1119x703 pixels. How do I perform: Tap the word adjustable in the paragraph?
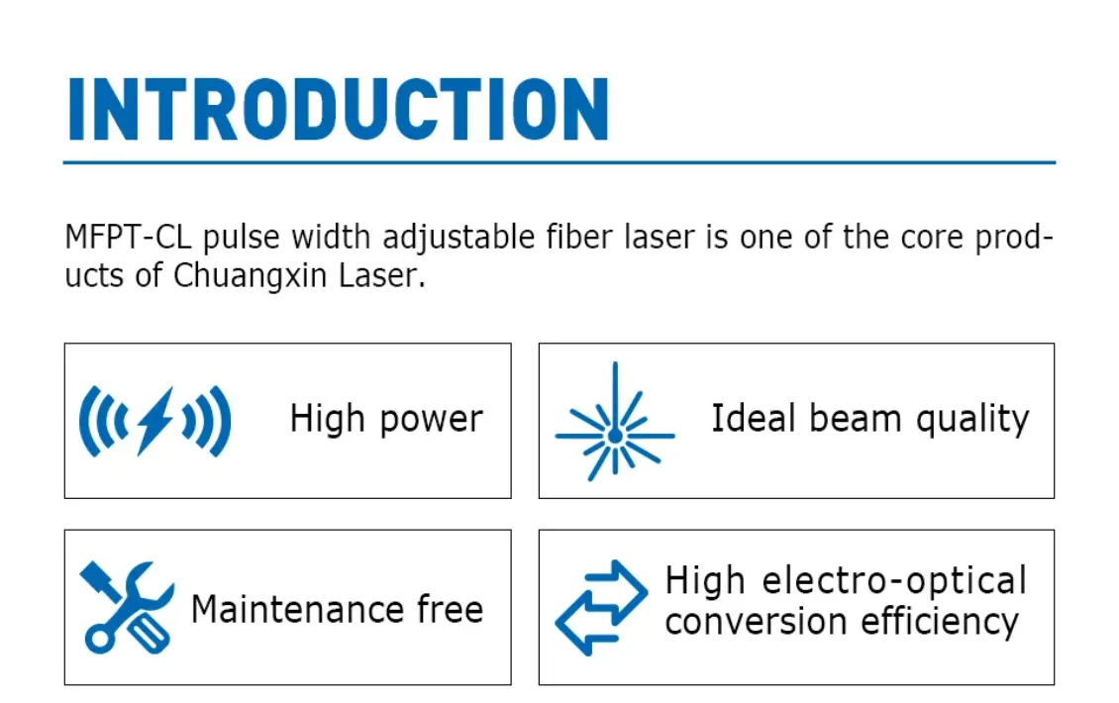[458, 238]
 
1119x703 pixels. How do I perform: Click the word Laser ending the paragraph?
[382, 275]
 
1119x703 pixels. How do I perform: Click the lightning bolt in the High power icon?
[154, 421]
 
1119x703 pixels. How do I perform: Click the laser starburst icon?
[614, 422]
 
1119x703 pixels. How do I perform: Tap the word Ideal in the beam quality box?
[753, 418]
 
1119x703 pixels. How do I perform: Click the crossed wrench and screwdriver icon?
[127, 607]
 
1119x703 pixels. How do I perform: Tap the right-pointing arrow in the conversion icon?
[615, 590]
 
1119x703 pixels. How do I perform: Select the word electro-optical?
[894, 581]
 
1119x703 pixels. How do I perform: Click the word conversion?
[757, 623]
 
